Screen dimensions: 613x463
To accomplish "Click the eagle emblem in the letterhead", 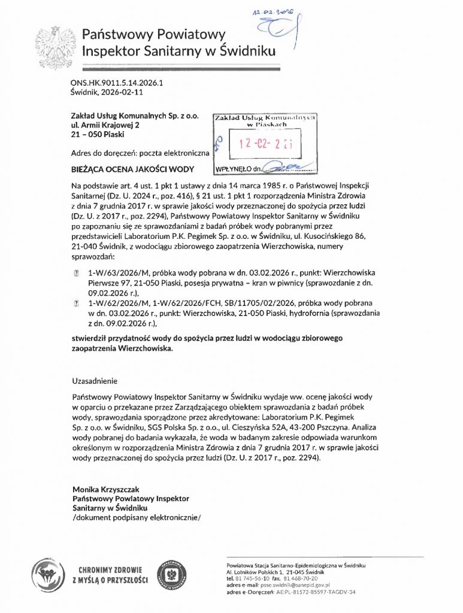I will click(55, 45).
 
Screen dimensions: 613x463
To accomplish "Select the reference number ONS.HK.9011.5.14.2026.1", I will click(117, 84).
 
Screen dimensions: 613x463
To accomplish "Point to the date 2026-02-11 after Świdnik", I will click(122, 93).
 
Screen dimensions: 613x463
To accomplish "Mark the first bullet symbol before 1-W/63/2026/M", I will click(76, 272).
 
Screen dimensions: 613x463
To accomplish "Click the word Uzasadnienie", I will click(95, 380).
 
